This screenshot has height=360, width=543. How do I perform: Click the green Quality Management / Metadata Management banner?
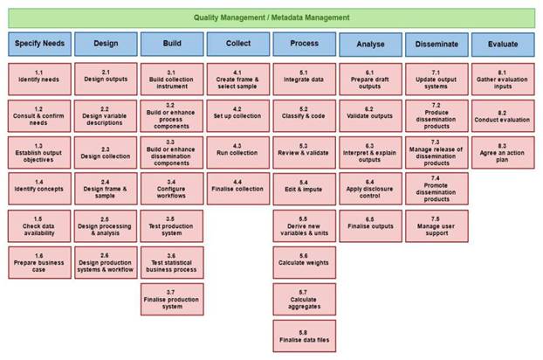[271, 18]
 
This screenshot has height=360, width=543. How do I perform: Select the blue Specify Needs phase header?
[40, 44]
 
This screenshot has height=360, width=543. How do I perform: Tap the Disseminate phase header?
[436, 45]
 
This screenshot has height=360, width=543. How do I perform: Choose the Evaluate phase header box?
[503, 45]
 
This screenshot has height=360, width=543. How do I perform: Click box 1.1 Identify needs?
[40, 79]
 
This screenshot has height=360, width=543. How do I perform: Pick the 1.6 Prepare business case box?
[40, 263]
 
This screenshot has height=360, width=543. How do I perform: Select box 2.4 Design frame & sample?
[106, 189]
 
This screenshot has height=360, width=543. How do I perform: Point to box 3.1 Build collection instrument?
[172, 79]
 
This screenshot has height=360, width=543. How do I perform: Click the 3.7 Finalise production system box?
[172, 300]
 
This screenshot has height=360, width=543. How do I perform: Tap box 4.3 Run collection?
[238, 152]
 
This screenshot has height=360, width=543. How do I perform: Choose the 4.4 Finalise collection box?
[238, 189]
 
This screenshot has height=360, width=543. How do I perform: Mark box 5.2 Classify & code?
[305, 115]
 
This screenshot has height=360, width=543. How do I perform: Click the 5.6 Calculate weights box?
[305, 263]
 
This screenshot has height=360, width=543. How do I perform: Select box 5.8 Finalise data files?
[305, 336]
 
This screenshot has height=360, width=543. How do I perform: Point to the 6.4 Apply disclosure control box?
[370, 189]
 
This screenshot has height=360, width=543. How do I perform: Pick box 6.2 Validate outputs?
[370, 115]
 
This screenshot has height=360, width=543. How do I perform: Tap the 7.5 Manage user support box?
[436, 226]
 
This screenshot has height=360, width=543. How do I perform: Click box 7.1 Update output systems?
[436, 79]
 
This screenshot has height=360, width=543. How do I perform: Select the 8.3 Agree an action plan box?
[503, 152]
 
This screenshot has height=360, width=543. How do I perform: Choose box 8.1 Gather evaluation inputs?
[503, 79]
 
